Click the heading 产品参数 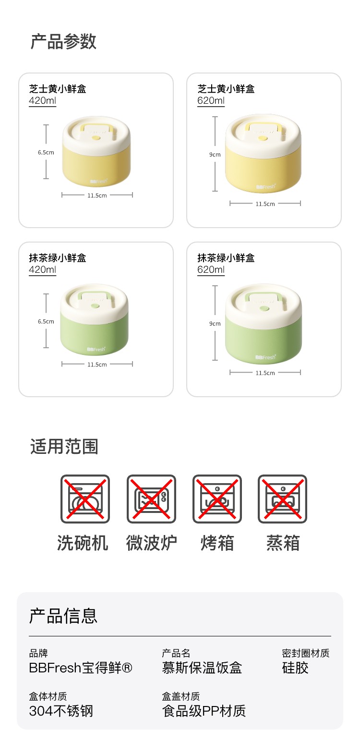click(63, 42)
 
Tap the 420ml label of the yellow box click(42, 100)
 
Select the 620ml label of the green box click(211, 269)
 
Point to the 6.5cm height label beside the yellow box click(46, 152)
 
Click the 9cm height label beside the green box click(215, 324)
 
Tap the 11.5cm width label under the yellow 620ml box click(265, 204)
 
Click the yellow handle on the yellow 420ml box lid click(96, 130)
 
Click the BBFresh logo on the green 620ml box click(265, 357)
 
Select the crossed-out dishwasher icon click(85, 499)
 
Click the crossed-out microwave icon click(151, 499)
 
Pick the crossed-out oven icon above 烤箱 click(217, 499)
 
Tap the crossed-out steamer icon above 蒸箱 click(283, 499)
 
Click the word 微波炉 click(152, 543)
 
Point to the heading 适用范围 click(64, 447)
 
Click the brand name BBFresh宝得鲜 click(81, 668)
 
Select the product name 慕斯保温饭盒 click(202, 668)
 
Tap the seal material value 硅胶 click(295, 668)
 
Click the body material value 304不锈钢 click(61, 711)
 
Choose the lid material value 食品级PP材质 click(204, 711)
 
